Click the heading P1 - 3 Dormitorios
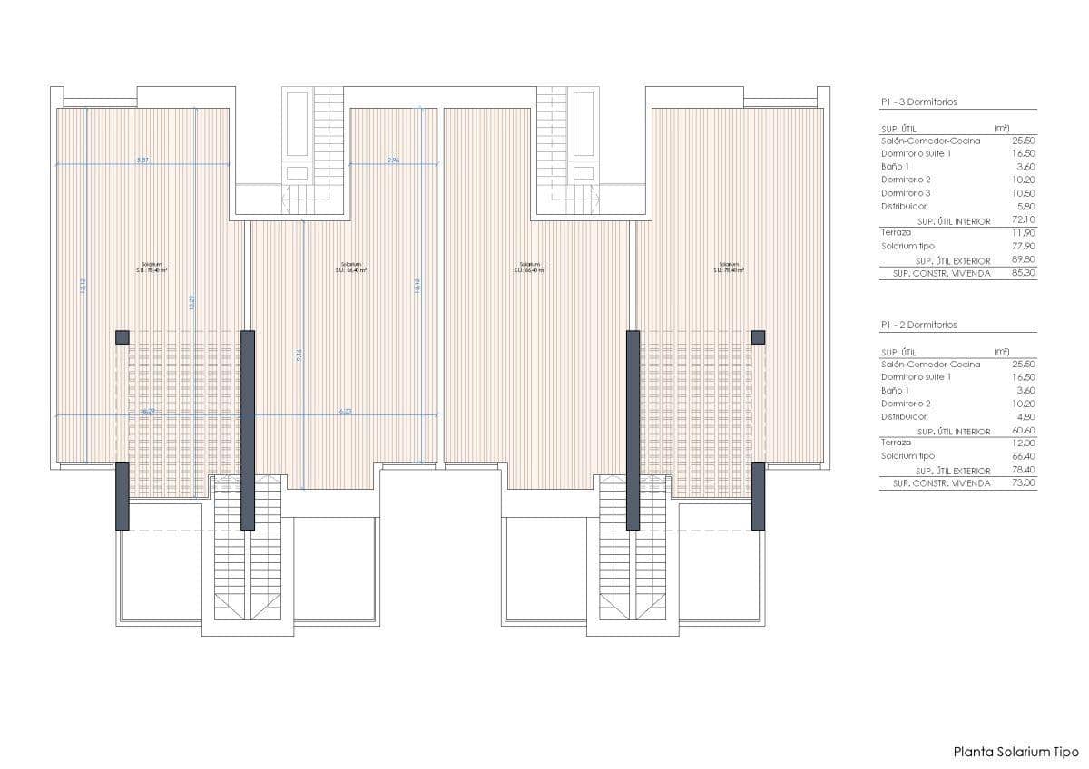coord(918,102)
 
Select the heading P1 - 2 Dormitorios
coord(918,325)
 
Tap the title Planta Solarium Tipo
coord(1015,752)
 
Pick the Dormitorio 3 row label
coord(906,193)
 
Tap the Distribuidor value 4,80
coord(1025,417)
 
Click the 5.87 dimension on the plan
coord(142,161)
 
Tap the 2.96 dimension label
coord(393,161)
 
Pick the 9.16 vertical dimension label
coord(299,356)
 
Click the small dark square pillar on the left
coord(123,337)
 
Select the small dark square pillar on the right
coord(758,337)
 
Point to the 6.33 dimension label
coord(345,412)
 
